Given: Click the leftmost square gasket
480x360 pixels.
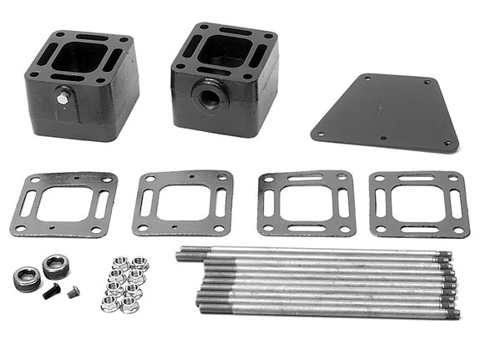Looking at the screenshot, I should coord(63,204).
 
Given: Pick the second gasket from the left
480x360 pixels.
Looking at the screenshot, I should coord(183,203).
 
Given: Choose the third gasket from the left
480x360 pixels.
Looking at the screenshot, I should coord(306,203).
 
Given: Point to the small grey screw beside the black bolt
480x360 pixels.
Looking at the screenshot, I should coord(72,292).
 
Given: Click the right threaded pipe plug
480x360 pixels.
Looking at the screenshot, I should coord(55,266).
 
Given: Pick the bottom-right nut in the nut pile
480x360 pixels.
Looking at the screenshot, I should coord(132,304).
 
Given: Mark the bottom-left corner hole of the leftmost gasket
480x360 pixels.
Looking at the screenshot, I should coord(19,230).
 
